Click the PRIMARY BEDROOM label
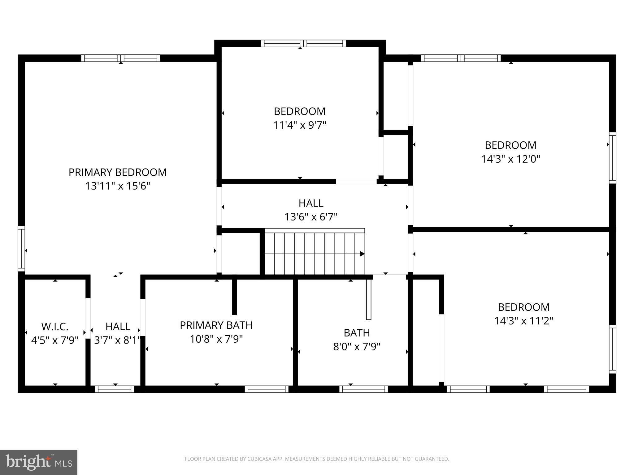coord(117,172)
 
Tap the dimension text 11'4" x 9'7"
coord(300,125)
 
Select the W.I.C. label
coord(55,327)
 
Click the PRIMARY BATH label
coord(216,325)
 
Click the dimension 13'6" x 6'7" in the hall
coord(311,217)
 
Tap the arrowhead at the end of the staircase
coord(362,254)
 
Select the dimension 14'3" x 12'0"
coord(510,159)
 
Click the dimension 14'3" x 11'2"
coord(523,321)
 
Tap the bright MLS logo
coord(38,462)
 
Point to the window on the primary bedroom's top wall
coord(121,58)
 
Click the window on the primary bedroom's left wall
coord(21,249)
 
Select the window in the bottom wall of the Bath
coord(363,389)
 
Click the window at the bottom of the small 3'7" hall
coord(115,389)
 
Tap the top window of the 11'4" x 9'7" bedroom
coord(303,43)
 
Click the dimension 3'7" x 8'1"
coord(117,340)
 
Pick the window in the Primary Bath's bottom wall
coord(267,389)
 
